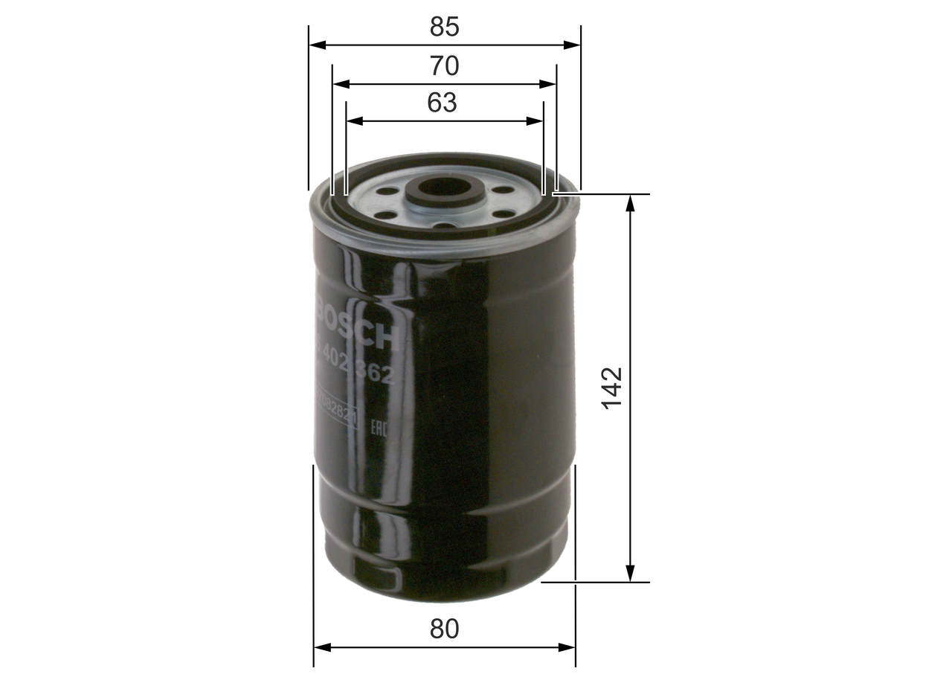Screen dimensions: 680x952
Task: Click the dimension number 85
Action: [444, 27]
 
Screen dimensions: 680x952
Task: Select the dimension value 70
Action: [444, 66]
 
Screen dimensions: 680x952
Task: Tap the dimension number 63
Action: [442, 103]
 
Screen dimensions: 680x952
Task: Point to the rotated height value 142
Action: [611, 388]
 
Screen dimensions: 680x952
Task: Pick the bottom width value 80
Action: [444, 629]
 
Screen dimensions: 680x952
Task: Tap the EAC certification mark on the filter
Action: [377, 427]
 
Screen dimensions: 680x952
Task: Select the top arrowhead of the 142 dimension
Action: [631, 203]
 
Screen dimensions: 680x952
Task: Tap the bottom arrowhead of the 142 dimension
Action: [631, 573]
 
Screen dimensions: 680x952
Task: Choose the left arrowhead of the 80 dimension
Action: [322, 647]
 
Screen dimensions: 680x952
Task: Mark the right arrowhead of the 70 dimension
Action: [548, 84]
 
